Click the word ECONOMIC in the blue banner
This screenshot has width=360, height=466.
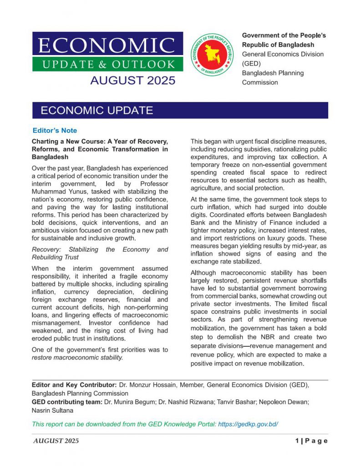[x=107, y=46]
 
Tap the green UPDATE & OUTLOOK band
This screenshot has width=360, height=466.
[x=108, y=64]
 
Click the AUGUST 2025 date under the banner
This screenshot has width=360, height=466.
[x=132, y=81]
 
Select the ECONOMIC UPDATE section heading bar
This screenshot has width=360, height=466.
[x=96, y=111]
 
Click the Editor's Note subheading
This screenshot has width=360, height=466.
[x=55, y=131]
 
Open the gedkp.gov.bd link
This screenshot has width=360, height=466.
[x=248, y=424]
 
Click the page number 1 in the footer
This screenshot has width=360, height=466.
[x=296, y=441]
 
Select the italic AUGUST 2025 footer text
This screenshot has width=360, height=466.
[x=56, y=441]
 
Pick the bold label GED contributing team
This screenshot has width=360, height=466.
[x=67, y=402]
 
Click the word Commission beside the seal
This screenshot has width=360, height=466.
[x=260, y=82]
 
